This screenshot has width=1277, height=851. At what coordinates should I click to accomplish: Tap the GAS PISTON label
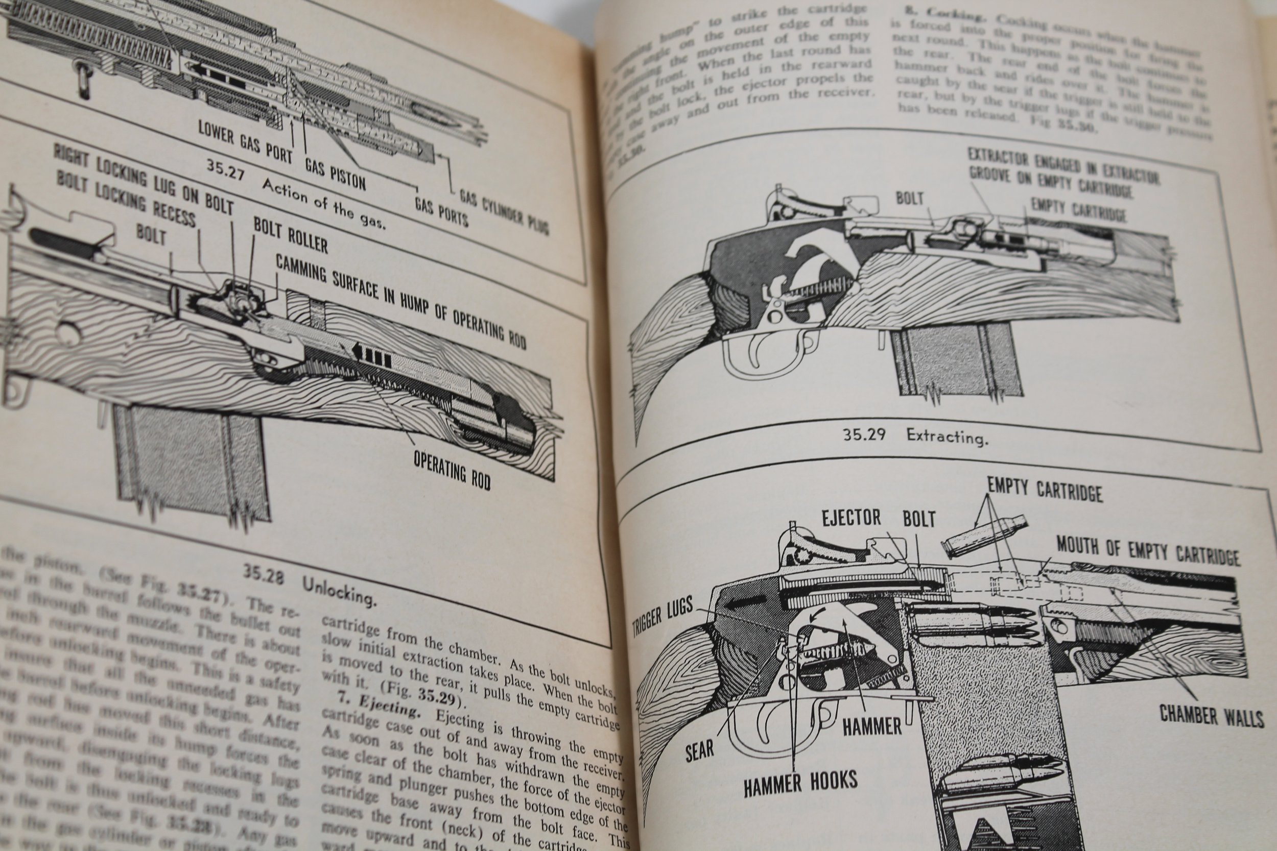(335, 173)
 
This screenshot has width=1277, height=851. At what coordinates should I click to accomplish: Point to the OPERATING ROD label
(452, 470)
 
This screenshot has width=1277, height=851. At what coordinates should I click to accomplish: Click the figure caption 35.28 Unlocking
(310, 587)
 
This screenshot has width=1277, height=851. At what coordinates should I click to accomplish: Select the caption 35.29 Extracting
(915, 435)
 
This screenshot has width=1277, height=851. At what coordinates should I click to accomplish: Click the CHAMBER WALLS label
(1211, 715)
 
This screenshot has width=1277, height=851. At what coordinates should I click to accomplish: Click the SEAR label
(699, 750)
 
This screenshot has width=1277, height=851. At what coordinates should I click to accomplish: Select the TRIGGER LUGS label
(663, 616)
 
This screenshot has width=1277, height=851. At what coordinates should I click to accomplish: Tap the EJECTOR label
(851, 518)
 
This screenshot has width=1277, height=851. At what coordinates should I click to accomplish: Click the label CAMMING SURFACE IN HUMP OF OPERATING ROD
(400, 300)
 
